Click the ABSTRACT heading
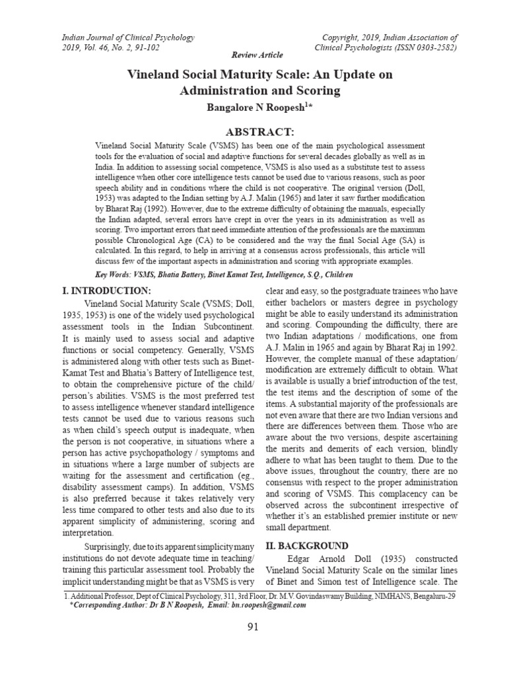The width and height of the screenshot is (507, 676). pos(253,132)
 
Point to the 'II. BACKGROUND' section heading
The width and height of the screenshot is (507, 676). pos(307,546)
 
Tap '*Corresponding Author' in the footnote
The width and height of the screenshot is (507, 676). pos(109,604)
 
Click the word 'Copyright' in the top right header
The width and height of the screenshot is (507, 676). pos(343,38)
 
